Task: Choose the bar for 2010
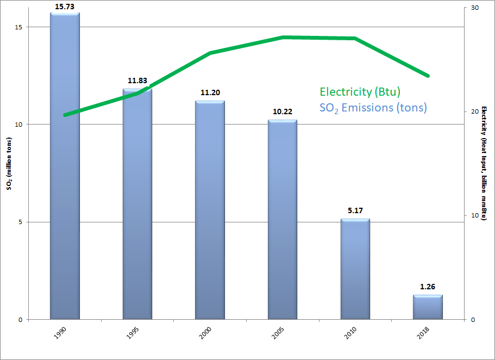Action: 355,269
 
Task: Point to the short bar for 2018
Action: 428,307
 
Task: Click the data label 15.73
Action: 65,7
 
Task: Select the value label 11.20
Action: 210,93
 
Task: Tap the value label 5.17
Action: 355,211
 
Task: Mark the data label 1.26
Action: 428,287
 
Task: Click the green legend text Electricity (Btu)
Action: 360,91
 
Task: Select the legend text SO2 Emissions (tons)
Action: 373,108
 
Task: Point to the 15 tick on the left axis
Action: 24,27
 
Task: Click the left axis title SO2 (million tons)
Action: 9,164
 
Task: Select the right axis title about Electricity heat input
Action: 485,163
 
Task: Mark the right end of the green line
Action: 428,76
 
